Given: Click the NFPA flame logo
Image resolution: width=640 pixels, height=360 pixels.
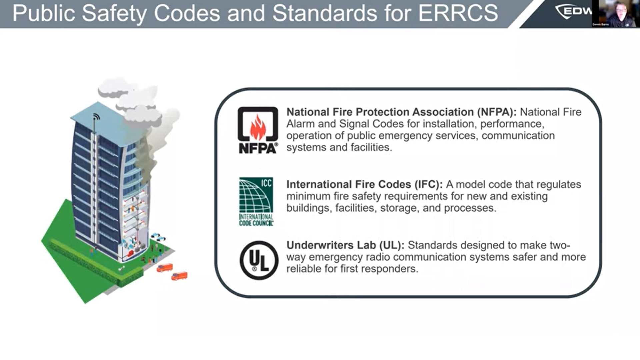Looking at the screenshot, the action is pyautogui.click(x=258, y=130).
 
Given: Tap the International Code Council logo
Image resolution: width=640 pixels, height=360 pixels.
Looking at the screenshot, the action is pyautogui.click(x=256, y=202).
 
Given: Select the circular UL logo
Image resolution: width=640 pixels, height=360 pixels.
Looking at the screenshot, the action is pyautogui.click(x=259, y=260).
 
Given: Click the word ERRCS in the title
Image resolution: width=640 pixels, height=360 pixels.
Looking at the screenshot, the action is pyautogui.click(x=458, y=13).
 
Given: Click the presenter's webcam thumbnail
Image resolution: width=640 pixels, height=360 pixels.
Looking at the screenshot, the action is pyautogui.click(x=616, y=13).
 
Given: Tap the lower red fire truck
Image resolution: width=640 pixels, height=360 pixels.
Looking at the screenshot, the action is pyautogui.click(x=179, y=276).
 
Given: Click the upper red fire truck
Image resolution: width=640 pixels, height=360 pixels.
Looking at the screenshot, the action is pyautogui.click(x=165, y=268).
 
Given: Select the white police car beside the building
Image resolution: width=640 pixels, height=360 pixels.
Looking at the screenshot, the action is pyautogui.click(x=158, y=237).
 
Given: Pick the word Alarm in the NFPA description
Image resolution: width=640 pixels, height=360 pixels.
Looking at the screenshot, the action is pyautogui.click(x=301, y=124).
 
